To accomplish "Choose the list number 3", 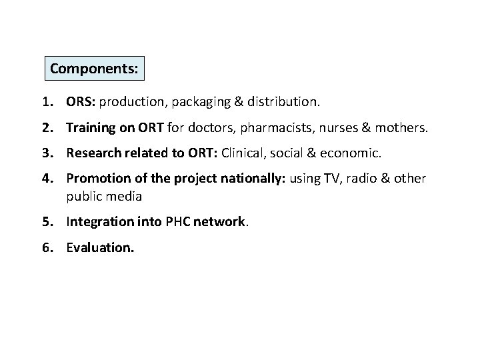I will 45,153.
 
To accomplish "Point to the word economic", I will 352,153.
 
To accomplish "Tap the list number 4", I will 45,178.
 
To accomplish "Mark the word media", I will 125,197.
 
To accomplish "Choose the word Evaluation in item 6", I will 100,248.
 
